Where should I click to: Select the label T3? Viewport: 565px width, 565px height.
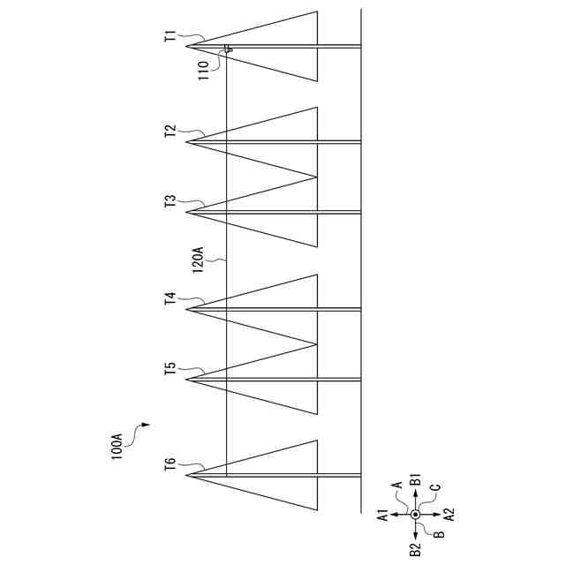pyautogui.click(x=170, y=202)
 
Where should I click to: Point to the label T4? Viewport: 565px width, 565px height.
pyautogui.click(x=170, y=299)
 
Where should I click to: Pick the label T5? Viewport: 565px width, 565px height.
pyautogui.click(x=170, y=369)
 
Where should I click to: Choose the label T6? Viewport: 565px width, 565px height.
pyautogui.click(x=170, y=466)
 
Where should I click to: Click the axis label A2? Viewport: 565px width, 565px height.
pyautogui.click(x=449, y=514)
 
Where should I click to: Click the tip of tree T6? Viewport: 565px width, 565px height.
pyautogui.click(x=187, y=475)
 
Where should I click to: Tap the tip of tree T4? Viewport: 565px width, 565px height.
pyautogui.click(x=187, y=309)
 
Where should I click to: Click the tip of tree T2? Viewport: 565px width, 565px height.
pyautogui.click(x=187, y=141)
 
